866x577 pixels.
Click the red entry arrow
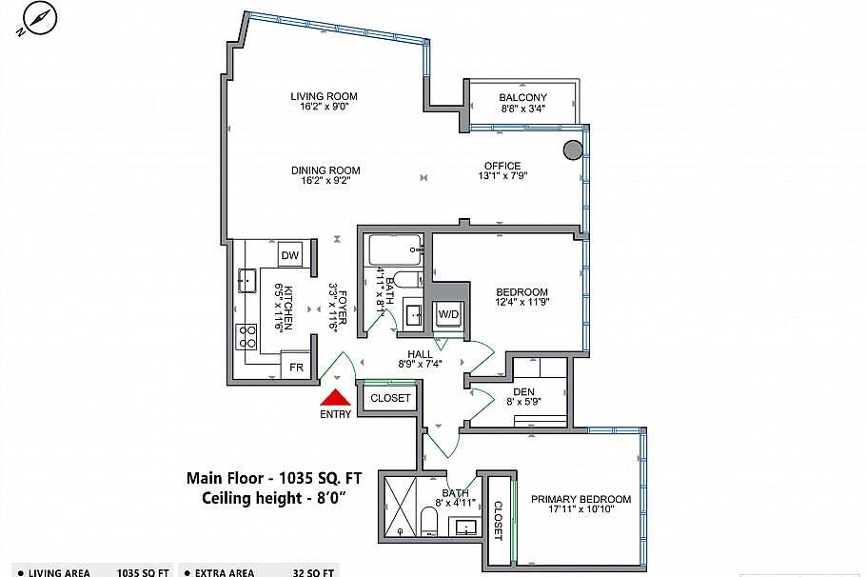[336, 399]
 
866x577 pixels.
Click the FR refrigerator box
[296, 367]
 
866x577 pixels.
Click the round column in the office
[573, 149]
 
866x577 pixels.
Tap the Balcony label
[523, 97]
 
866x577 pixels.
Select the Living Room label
[324, 96]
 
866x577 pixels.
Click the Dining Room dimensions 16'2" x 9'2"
[325, 183]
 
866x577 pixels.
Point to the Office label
[502, 167]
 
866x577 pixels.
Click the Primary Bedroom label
[581, 499]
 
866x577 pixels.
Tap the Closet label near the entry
[390, 398]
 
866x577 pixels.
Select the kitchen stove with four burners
[247, 336]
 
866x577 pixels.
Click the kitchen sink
[246, 280]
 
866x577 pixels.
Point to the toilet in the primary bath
[429, 521]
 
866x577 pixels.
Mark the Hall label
[420, 354]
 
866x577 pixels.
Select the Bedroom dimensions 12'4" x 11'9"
[522, 303]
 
